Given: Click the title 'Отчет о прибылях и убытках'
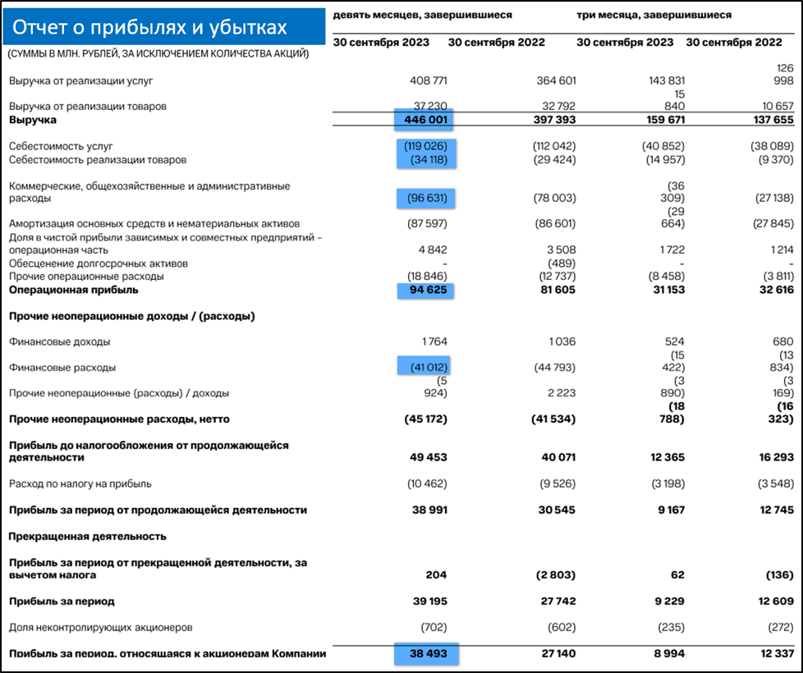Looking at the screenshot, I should click(149, 28).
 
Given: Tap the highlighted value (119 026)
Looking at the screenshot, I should click(425, 146).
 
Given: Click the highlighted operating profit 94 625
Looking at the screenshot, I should click(425, 290).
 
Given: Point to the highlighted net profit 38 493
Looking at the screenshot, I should click(425, 653).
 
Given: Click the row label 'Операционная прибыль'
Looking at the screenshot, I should click(74, 290).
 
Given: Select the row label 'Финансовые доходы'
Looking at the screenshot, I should click(59, 341).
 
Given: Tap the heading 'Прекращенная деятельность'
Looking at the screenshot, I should click(88, 536).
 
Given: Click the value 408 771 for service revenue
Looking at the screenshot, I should click(428, 80).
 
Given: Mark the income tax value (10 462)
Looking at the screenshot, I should click(427, 483).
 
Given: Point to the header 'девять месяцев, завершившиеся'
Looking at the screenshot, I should click(422, 15).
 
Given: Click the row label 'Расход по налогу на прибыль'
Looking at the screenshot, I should click(80, 483).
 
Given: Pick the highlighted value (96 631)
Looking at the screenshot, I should click(425, 198).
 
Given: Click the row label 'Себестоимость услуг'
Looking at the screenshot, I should click(61, 146).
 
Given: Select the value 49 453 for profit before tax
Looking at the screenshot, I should click(428, 457).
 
